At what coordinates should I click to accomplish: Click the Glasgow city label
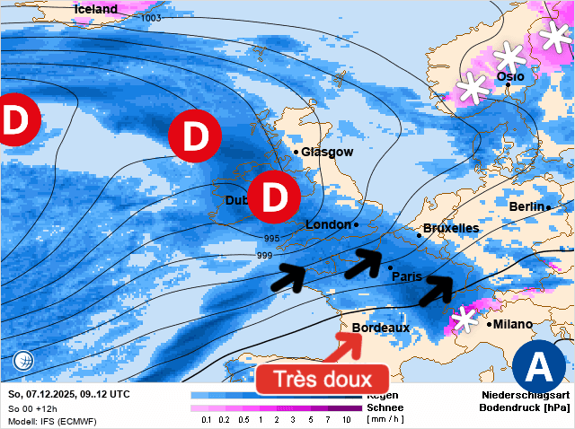coord(327,152)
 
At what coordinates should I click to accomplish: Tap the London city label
coord(328,224)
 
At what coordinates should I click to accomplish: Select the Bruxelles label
coord(450,228)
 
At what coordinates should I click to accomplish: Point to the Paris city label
coord(407,276)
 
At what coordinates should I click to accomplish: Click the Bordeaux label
coord(381,328)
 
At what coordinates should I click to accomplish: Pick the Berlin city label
coord(526,206)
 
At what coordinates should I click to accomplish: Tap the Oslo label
coord(509,77)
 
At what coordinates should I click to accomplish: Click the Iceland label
coord(96,9)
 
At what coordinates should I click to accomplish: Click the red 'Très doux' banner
coord(322,380)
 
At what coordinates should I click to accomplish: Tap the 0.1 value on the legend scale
coord(206,420)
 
